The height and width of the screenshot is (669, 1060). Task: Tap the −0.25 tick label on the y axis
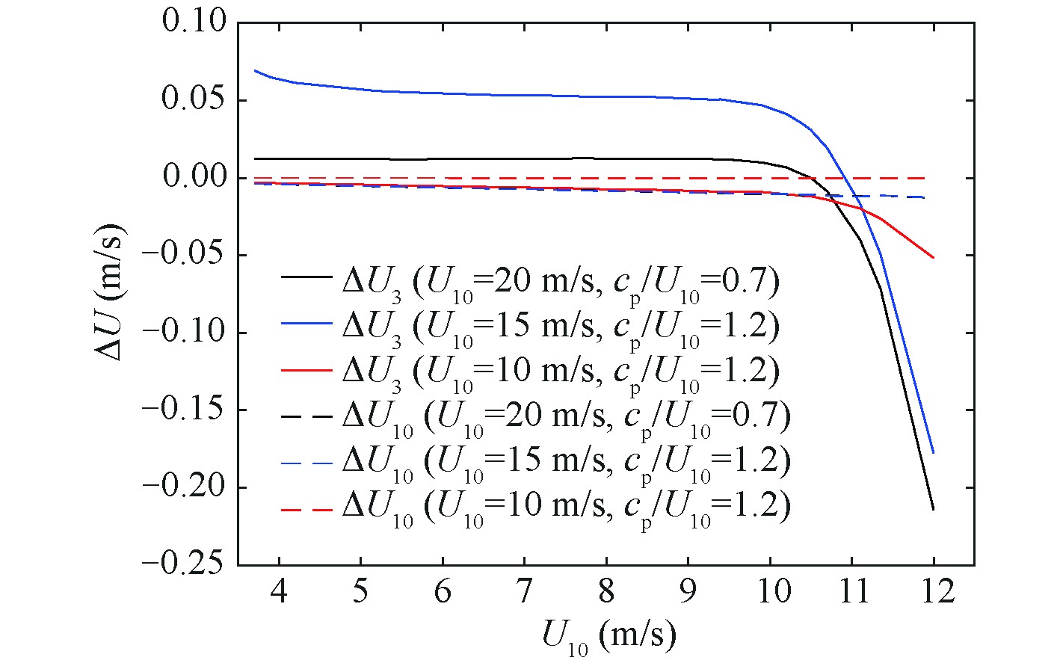[x=185, y=564]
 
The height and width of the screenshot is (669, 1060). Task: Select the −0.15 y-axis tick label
[x=185, y=410]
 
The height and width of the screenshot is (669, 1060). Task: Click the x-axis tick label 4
[x=279, y=593]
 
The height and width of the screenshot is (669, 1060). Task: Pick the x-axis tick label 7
[x=524, y=593]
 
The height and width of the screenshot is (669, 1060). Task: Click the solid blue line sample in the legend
[x=306, y=324]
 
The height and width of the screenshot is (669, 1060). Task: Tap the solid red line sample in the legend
[x=306, y=371]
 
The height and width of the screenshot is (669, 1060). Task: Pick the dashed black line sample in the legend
[x=306, y=417]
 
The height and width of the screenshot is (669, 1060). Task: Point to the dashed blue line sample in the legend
[x=306, y=463]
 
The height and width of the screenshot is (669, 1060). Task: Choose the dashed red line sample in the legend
[x=306, y=510]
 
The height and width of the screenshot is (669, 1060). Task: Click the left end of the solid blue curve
[x=255, y=70]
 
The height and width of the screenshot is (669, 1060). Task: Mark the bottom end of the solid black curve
[x=934, y=510]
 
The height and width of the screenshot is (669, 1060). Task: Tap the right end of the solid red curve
[x=934, y=258]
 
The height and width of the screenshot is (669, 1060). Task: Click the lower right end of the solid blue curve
[x=934, y=453]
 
